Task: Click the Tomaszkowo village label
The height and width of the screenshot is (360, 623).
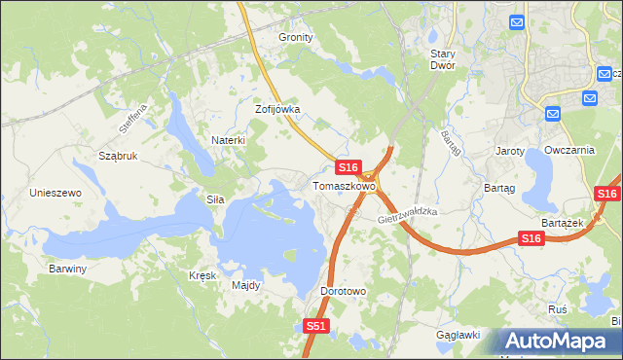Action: point(344,185)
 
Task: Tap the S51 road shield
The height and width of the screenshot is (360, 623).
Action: point(314,327)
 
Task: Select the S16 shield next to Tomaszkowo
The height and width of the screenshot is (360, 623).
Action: point(350,167)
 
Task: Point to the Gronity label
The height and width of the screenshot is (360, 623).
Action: point(296,37)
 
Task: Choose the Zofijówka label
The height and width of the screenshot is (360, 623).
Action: point(277,109)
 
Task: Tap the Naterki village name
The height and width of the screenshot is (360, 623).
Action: point(228,140)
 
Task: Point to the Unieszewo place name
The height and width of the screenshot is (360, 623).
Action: point(55,193)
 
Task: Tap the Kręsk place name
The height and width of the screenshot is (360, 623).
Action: point(202,275)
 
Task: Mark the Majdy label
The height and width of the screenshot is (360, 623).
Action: point(245,285)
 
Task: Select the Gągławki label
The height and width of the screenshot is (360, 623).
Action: point(458,335)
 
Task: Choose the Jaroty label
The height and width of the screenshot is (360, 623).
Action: point(510,151)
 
